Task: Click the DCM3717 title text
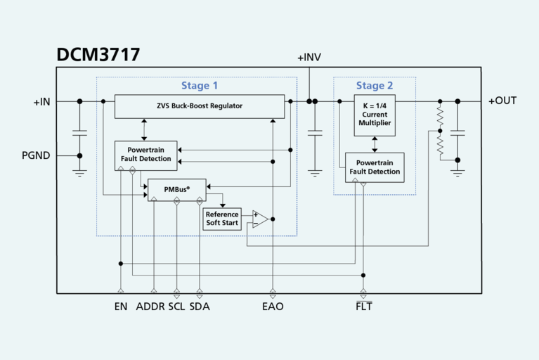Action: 98,55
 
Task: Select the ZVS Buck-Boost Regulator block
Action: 200,106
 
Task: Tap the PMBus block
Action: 176,190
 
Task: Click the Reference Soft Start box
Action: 222,219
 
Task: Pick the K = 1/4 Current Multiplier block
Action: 375,115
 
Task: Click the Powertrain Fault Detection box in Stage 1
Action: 149,155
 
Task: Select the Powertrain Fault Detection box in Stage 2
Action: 374,167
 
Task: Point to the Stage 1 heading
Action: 200,86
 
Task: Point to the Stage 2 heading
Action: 375,86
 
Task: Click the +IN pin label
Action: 41,102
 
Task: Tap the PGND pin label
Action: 37,155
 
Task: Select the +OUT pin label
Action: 502,101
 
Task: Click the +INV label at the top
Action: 309,57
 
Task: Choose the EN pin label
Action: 121,307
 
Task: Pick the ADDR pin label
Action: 150,307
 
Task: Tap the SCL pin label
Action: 176,307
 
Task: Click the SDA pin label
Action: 200,307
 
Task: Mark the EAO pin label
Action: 273,307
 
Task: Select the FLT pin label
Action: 363,307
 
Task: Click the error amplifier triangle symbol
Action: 259,219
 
